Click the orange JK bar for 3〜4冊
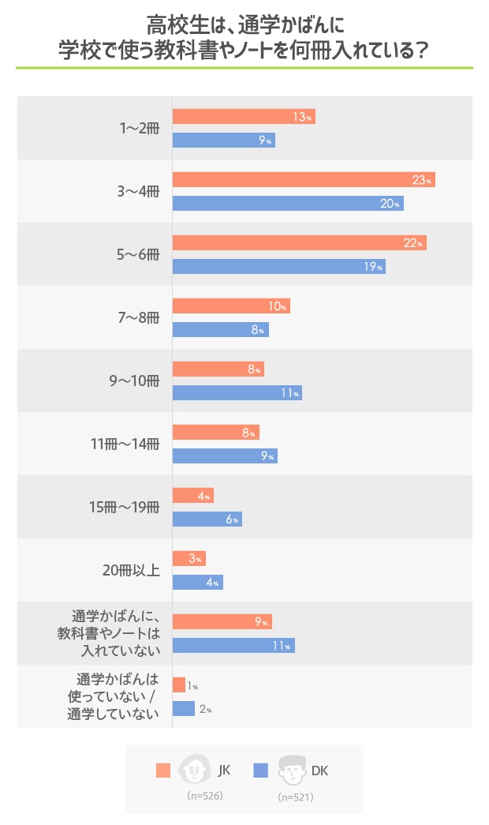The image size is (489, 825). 304,180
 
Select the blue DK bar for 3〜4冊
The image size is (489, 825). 288,204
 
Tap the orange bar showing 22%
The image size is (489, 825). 299,243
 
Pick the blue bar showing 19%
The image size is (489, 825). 278,267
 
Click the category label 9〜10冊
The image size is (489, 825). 135,381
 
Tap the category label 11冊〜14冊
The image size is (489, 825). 126,444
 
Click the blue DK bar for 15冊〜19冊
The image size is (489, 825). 207,519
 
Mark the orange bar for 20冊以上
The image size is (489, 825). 189,559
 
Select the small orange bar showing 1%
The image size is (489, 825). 178,685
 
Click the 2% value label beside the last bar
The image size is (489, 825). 205,710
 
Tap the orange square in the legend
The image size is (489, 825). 163,771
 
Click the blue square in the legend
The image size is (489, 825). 262,771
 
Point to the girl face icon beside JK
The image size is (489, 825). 194,769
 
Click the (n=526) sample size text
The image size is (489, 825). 205,796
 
